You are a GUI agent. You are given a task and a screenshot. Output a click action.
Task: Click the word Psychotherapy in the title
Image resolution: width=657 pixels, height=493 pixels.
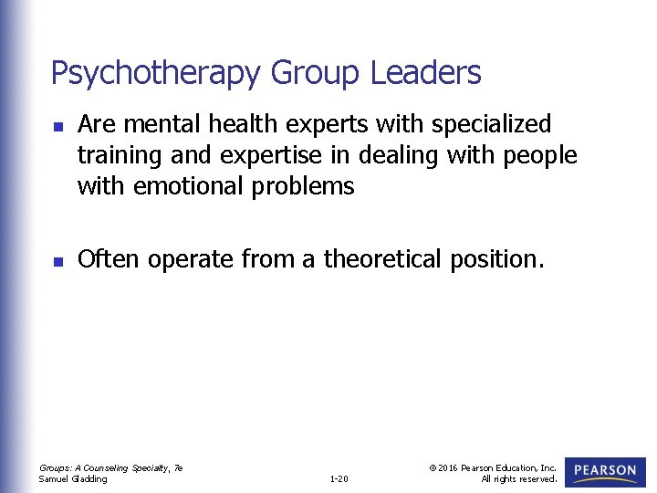click(x=154, y=73)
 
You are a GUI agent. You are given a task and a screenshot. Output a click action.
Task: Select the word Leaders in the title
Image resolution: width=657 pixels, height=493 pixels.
click(x=426, y=72)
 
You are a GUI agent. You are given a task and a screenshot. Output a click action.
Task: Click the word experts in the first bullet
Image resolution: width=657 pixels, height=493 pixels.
click(x=324, y=124)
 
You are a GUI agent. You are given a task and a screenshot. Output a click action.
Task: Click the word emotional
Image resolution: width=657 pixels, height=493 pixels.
click(x=189, y=186)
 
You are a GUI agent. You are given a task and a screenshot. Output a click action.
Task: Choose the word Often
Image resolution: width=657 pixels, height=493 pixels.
click(x=109, y=260)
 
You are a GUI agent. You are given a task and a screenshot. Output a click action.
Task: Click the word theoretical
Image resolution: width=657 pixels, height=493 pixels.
click(x=382, y=260)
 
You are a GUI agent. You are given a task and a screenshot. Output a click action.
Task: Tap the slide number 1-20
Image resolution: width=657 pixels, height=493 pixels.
click(x=339, y=478)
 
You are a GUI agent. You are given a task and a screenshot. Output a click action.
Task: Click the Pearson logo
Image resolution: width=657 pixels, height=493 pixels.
click(x=606, y=471)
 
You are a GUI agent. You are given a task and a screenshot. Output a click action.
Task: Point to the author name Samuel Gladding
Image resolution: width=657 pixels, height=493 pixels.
click(x=73, y=478)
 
